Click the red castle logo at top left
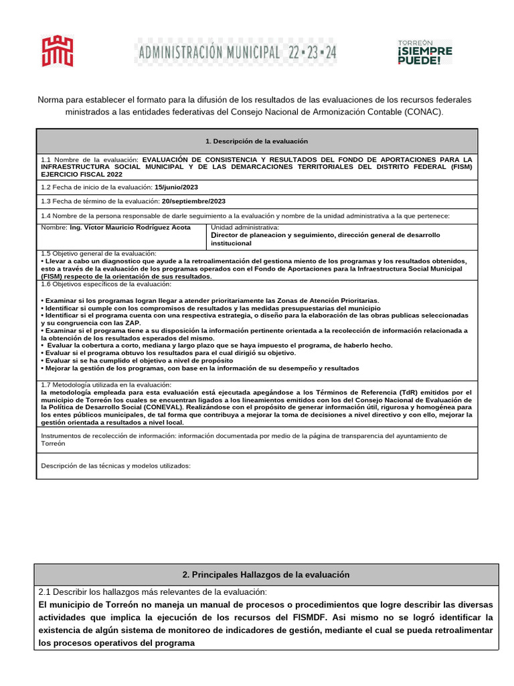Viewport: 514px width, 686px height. (x=58, y=51)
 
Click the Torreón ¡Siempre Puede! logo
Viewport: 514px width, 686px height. (x=425, y=51)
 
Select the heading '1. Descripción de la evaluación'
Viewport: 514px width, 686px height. (x=257, y=141)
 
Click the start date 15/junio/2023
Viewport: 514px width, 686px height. (x=176, y=186)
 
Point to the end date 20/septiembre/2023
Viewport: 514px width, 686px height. (x=193, y=201)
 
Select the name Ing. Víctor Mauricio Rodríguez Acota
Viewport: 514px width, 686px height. (x=130, y=228)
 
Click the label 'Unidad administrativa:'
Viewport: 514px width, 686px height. (x=244, y=228)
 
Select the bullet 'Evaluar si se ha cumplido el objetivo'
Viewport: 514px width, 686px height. (x=134, y=360)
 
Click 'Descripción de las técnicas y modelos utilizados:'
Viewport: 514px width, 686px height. (x=116, y=466)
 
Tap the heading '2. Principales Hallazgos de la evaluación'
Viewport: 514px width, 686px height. (x=266, y=575)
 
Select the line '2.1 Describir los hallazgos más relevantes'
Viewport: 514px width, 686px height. (x=153, y=592)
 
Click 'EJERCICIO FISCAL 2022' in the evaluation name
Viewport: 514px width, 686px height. (x=77, y=174)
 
